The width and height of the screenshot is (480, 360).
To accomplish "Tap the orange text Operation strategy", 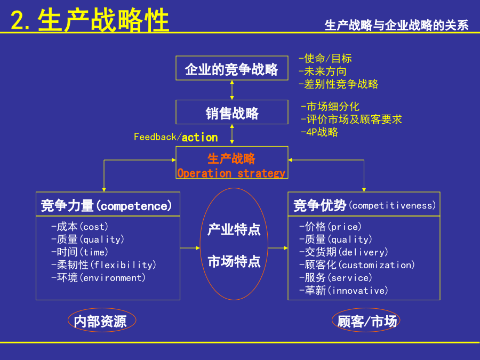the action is coord(231,173).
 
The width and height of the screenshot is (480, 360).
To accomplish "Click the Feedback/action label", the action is coord(175,137).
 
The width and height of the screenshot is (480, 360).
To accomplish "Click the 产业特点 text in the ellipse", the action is coord(234,229).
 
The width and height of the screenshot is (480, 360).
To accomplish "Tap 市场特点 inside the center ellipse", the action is coord(234,261).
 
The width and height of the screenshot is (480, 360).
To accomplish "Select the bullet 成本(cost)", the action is coord(79,227).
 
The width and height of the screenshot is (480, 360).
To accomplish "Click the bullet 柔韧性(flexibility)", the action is coord(103,265).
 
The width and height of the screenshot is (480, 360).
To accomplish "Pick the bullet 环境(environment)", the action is coord(98,278).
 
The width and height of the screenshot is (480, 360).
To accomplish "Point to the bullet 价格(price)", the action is coord(330,227).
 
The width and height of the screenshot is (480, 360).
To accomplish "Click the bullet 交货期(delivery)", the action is coord(343,252).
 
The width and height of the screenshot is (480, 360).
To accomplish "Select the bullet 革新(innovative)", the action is coord(343,290).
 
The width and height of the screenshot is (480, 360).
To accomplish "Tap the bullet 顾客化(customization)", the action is coord(357,265).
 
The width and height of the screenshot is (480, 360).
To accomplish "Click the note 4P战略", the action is coord(319,132).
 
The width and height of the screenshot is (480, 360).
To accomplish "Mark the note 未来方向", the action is coord(322,71).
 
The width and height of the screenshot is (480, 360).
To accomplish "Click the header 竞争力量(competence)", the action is coord(106,205).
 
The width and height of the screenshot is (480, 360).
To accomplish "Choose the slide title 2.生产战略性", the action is coord(90,20).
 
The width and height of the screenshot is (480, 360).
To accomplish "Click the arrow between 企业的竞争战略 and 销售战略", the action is coord(232,90).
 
